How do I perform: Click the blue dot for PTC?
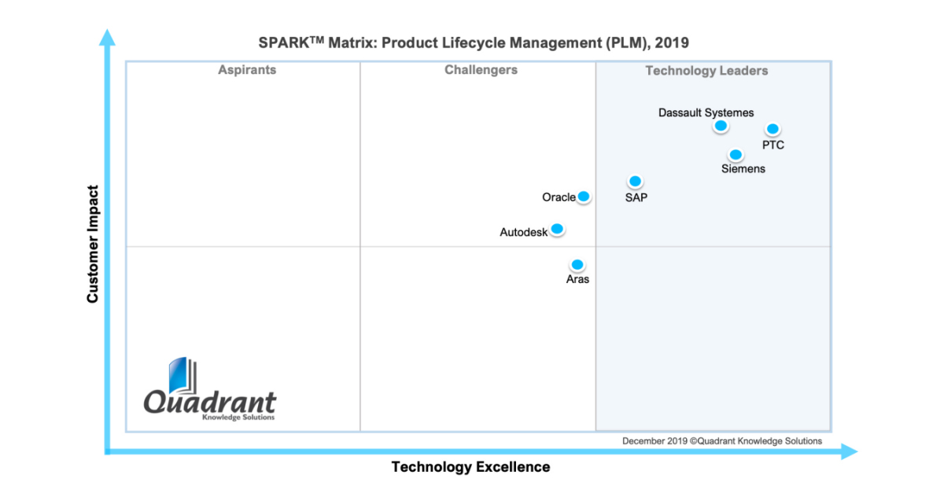click(773, 129)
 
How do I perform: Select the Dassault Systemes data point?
click(720, 126)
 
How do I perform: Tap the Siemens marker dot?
click(736, 155)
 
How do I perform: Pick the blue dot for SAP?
click(635, 182)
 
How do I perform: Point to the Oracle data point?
click(584, 197)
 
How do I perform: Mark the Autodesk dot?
click(557, 229)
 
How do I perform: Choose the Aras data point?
click(577, 265)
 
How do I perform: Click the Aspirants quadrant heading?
click(247, 70)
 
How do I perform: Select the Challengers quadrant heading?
click(481, 70)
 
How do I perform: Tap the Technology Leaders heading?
click(706, 71)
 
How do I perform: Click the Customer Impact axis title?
click(93, 244)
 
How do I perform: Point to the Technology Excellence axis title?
click(470, 467)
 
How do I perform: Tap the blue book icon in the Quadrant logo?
click(182, 377)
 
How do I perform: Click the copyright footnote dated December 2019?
click(721, 441)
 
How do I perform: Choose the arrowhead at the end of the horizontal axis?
click(849, 451)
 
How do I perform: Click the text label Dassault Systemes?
click(706, 112)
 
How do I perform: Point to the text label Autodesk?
click(523, 232)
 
